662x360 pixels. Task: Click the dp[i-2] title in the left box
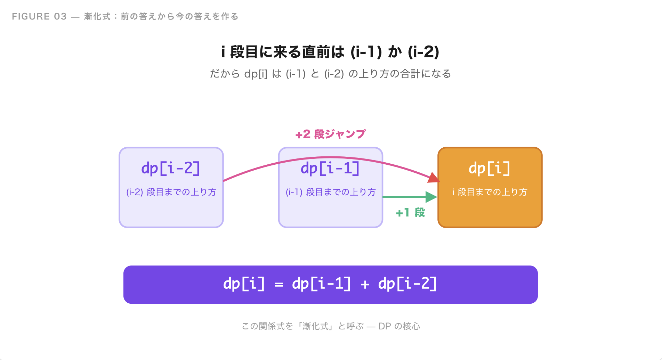(171, 169)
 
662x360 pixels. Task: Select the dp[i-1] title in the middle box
(330, 169)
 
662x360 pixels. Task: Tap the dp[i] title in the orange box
(490, 169)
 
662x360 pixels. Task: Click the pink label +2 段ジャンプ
(330, 134)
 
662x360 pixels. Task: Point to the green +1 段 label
(410, 212)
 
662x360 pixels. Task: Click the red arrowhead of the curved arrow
(434, 178)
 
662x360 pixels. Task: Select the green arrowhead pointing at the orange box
(431, 197)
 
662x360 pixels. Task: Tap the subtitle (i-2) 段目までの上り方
(171, 192)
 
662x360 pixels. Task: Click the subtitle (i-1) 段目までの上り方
(330, 192)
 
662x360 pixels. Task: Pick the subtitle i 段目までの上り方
(490, 192)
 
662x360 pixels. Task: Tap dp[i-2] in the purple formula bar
(407, 284)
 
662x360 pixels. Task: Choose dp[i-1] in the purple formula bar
(321, 284)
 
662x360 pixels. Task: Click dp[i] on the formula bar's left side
(244, 284)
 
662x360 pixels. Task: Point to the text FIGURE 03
(39, 16)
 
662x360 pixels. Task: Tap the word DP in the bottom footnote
(385, 326)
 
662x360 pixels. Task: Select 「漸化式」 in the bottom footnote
(316, 326)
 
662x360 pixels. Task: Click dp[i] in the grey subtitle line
(256, 74)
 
